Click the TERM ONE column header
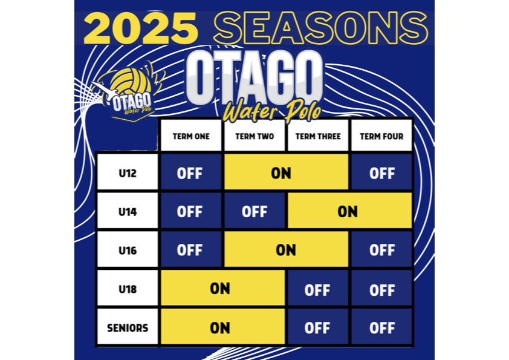pos(191,136)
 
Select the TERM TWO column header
pos(254,136)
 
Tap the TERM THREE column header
pos(318,136)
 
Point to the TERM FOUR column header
pos(381,136)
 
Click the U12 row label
pos(128,173)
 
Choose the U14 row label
pos(128,212)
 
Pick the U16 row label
pos(128,250)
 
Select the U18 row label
pos(128,289)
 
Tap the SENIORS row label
pos(128,327)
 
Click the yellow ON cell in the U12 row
pos(287,172)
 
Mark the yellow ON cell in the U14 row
pos(349,211)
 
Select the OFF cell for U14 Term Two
pos(254,211)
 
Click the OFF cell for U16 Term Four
pos(381,249)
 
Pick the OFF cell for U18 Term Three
pos(318,288)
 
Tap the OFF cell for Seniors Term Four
pos(381,327)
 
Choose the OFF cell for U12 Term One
pos(191,172)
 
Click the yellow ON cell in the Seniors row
pos(222,327)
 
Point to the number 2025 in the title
pos(141,28)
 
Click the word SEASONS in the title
pos(320,28)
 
